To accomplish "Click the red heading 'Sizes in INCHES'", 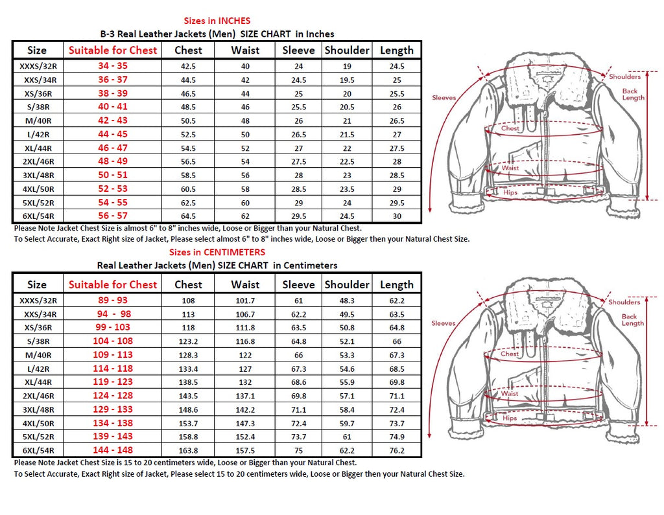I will pos(217,21).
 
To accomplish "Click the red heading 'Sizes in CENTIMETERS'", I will pos(217,252).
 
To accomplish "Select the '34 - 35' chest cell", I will pos(113,66).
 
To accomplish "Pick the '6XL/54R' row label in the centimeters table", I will pos(37,450).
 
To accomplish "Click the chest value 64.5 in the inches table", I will pos(188,216).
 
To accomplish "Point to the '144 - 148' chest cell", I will pos(113,450).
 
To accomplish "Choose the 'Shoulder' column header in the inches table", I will pos(347,50).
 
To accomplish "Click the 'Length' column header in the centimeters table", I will pos(396,284).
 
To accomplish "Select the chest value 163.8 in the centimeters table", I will pos(188,450).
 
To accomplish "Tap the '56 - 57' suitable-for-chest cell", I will pos(113,216).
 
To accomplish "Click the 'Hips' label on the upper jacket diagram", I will pos(510,192).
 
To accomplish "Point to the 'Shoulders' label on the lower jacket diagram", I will pos(624,302).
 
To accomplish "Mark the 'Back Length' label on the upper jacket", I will pos(633,95).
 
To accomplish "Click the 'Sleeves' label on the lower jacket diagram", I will pos(444,323).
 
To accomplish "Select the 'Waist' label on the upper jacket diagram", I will pos(510,168).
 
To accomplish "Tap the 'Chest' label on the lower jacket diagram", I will pos(510,354).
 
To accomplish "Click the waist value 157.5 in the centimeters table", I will pos(245,450).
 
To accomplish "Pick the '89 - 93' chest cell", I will pos(113,301).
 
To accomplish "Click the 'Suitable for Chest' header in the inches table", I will pos(113,50).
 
